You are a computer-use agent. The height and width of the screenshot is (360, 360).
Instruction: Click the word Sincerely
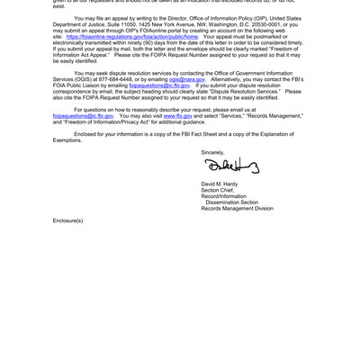[x=212, y=152]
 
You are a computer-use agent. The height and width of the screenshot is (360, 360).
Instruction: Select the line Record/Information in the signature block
[x=223, y=196]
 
